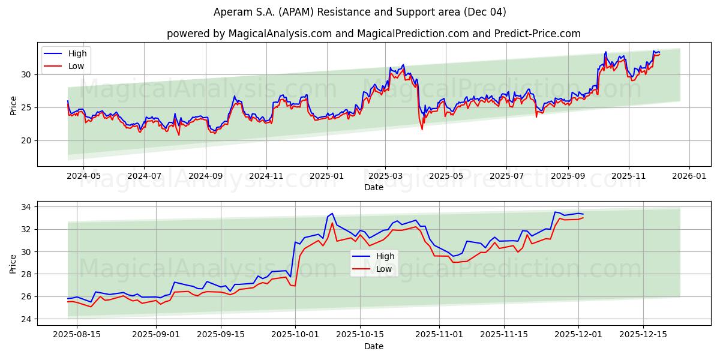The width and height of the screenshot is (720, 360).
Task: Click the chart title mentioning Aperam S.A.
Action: pyautogui.click(x=360, y=12)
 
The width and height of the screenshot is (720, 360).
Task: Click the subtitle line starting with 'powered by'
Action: pyautogui.click(x=373, y=34)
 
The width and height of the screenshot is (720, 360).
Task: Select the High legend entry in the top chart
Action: pyautogui.click(x=77, y=54)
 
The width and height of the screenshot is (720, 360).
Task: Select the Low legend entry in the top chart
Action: pyautogui.click(x=76, y=67)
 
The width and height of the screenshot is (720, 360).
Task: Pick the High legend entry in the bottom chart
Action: pyautogui.click(x=385, y=256)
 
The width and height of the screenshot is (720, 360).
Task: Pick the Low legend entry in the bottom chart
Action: pyautogui.click(x=383, y=269)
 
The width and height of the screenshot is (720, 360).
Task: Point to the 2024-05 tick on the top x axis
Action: pyautogui.click(x=83, y=176)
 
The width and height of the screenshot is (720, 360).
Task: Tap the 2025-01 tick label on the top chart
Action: pyautogui.click(x=327, y=176)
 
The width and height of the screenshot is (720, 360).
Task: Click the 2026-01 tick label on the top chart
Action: pyautogui.click(x=689, y=176)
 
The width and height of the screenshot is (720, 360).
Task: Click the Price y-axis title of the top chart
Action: pyautogui.click(x=13, y=106)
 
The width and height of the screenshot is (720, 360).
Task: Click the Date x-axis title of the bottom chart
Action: pyautogui.click(x=373, y=346)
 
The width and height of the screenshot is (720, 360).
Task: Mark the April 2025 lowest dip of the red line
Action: pyautogui.click(x=422, y=129)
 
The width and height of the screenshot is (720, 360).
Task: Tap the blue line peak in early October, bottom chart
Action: pyautogui.click(x=332, y=213)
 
